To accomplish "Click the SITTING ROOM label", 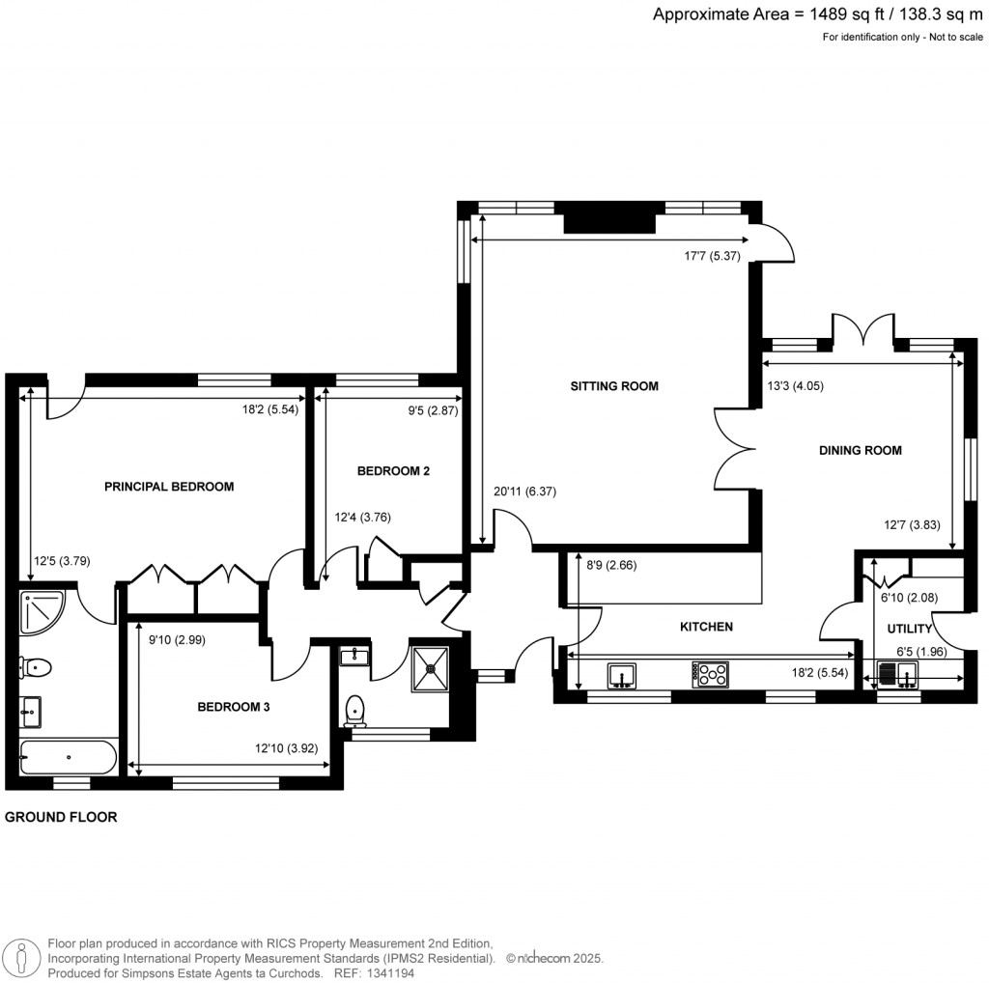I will pyautogui.click(x=613, y=386).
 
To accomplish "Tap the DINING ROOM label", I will pyautogui.click(x=860, y=450).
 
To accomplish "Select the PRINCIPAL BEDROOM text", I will pyautogui.click(x=169, y=487).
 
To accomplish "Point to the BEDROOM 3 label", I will pyautogui.click(x=233, y=707).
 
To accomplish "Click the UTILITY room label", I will pyautogui.click(x=910, y=629).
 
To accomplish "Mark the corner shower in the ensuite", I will pyautogui.click(x=39, y=612).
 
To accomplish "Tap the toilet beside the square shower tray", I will pyautogui.click(x=355, y=710).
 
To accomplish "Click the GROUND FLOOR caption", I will pyautogui.click(x=61, y=817).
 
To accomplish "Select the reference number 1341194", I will pyautogui.click(x=394, y=973).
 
